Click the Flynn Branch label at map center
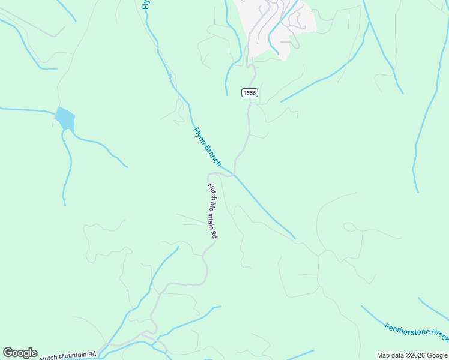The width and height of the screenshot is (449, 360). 207,147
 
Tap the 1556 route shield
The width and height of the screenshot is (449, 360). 250,92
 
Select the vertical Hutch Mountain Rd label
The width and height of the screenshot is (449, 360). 212,211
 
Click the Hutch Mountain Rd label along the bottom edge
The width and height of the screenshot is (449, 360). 68,355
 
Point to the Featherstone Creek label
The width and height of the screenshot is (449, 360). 417,332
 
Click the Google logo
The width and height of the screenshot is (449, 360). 20,353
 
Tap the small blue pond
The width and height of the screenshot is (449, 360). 65,118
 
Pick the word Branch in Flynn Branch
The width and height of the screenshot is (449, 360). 212,154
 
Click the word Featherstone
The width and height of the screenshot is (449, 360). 406,329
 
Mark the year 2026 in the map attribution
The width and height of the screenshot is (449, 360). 417,355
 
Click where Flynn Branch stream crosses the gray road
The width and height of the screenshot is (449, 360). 234,176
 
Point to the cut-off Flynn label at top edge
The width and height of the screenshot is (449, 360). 145,4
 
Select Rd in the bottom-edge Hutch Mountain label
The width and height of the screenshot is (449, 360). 92,355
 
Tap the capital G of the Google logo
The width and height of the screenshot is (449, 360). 8,353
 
